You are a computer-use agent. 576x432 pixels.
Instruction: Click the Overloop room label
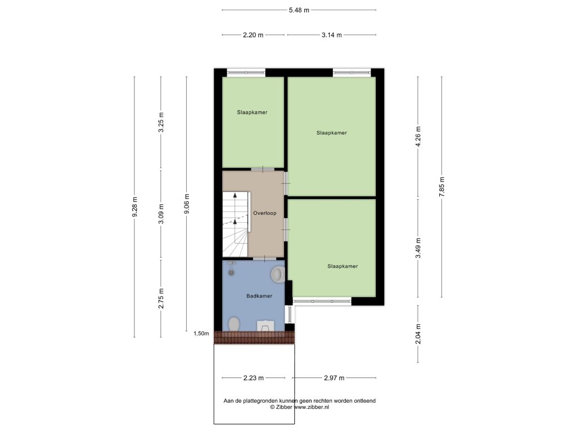click(x=264, y=213)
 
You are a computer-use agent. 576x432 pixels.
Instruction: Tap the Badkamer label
click(x=259, y=296)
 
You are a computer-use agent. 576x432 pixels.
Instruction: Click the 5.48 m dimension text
click(x=299, y=10)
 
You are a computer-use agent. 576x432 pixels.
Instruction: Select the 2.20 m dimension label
click(x=253, y=35)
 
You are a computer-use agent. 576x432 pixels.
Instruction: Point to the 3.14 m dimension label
click(x=332, y=35)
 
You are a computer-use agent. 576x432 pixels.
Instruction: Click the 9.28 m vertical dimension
click(x=135, y=207)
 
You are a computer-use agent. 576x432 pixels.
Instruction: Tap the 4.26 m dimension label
click(x=418, y=137)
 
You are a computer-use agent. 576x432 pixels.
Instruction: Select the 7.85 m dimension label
click(x=442, y=187)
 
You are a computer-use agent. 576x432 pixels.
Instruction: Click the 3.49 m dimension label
click(x=418, y=248)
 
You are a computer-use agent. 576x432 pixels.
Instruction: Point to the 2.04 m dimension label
click(x=418, y=334)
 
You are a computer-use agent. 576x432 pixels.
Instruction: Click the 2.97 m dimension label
click(x=334, y=378)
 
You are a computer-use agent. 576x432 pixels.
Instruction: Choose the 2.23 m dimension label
click(x=254, y=378)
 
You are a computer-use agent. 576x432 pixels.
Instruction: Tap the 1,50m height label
click(x=201, y=334)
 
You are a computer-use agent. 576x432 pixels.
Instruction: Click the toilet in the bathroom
click(x=234, y=324)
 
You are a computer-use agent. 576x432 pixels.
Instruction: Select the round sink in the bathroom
click(x=278, y=274)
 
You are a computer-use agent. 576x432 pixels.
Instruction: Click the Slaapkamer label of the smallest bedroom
click(x=252, y=112)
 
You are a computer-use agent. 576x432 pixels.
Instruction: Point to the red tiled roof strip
click(x=254, y=337)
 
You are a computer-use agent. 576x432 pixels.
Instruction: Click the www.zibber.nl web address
click(x=312, y=407)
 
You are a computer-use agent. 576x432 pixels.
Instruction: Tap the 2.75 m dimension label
click(x=161, y=299)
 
